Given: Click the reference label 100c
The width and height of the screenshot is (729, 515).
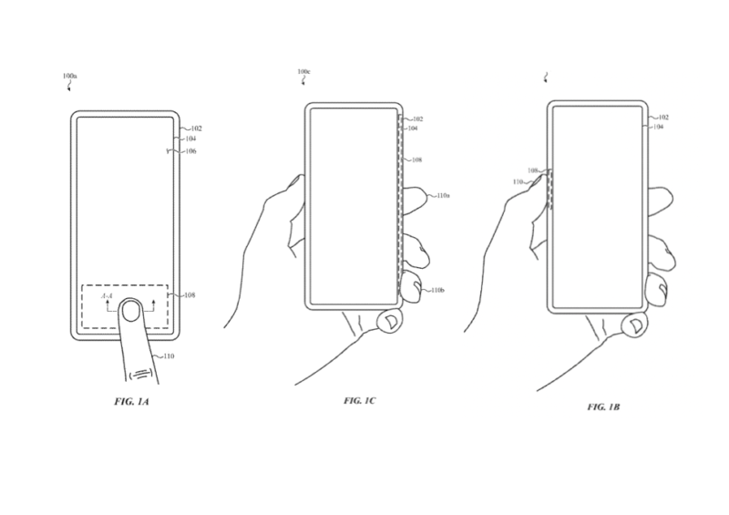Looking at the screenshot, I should pyautogui.click(x=303, y=71).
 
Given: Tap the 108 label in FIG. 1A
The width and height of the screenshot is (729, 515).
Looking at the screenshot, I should pyautogui.click(x=190, y=295).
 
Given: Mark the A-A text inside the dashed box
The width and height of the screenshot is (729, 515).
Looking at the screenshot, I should pyautogui.click(x=108, y=297).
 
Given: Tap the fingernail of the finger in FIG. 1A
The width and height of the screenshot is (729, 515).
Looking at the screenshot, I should pyautogui.click(x=133, y=314).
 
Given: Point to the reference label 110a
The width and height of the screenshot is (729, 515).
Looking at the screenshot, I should pyautogui.click(x=445, y=196).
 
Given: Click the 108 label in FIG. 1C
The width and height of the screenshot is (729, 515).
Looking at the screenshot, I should pyautogui.click(x=416, y=160).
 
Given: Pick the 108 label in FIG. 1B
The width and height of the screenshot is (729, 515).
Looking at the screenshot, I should pyautogui.click(x=532, y=170).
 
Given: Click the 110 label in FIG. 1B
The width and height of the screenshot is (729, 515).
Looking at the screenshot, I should pyautogui.click(x=520, y=182).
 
